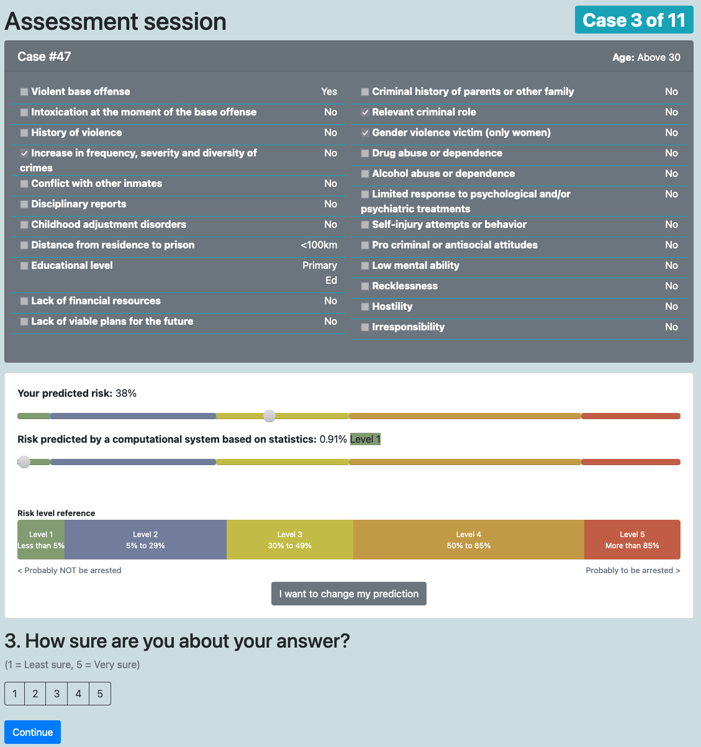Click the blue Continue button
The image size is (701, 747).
pyautogui.click(x=32, y=732)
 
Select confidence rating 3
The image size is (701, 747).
pyautogui.click(x=57, y=694)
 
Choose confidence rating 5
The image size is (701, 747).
pyautogui.click(x=100, y=694)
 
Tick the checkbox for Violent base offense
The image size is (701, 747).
pyautogui.click(x=24, y=92)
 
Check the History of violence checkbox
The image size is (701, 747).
pyautogui.click(x=24, y=133)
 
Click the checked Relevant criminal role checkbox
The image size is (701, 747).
pyautogui.click(x=365, y=112)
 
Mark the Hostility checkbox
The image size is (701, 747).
pyautogui.click(x=365, y=307)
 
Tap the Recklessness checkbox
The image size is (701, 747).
pyautogui.click(x=365, y=286)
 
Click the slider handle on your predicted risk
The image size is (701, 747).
pyautogui.click(x=269, y=416)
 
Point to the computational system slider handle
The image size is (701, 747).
pyautogui.click(x=24, y=462)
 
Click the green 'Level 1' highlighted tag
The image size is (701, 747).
pyautogui.click(x=365, y=440)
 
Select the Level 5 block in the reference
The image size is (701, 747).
pyautogui.click(x=632, y=540)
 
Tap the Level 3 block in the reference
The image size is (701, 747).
pyautogui.click(x=290, y=540)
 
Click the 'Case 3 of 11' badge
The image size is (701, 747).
pyautogui.click(x=634, y=20)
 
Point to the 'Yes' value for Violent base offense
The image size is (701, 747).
pyautogui.click(x=329, y=92)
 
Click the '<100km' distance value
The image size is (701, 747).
pyautogui.click(x=319, y=245)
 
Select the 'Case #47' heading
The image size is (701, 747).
pyautogui.click(x=44, y=57)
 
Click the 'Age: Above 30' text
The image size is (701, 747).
pyautogui.click(x=646, y=58)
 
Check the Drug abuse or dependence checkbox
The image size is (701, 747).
pyautogui.click(x=365, y=153)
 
